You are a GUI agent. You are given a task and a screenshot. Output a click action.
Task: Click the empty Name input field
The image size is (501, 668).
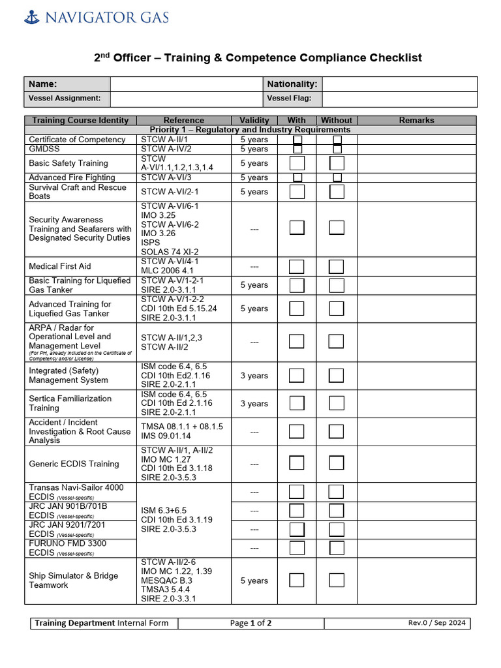tap(186, 84)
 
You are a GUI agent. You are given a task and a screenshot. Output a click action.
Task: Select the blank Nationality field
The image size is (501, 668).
tap(399, 84)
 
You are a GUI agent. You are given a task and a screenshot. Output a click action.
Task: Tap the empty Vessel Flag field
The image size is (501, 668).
tap(399, 99)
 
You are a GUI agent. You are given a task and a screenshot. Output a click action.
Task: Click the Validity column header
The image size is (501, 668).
tap(254, 120)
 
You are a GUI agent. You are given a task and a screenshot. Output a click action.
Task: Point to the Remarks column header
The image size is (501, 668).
tap(416, 120)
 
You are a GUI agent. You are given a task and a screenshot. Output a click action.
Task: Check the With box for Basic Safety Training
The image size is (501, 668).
tap(297, 163)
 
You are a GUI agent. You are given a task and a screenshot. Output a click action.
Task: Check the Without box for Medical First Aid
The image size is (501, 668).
tap(337, 266)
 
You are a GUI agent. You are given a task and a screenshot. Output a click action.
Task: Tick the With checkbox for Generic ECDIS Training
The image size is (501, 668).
tap(297, 463)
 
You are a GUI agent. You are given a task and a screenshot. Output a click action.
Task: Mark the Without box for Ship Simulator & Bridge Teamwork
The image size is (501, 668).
tap(337, 580)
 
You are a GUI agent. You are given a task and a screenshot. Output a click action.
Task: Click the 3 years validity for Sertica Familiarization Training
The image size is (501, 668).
tap(254, 404)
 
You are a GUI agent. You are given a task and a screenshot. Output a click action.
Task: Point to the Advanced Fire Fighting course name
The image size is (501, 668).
tap(72, 177)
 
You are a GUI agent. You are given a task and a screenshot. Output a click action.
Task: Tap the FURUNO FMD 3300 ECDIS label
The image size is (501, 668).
tap(67, 548)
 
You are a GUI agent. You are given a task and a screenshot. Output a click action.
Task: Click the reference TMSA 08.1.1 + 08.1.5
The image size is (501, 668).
tap(182, 427)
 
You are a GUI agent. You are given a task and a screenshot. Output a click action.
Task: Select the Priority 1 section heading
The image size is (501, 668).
tap(250, 130)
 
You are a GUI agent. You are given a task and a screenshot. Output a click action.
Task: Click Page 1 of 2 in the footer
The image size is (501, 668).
tap(250, 623)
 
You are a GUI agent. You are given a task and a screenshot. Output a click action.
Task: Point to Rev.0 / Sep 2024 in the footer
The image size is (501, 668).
tap(436, 623)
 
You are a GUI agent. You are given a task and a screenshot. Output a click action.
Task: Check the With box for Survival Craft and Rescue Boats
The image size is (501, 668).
tap(297, 192)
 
